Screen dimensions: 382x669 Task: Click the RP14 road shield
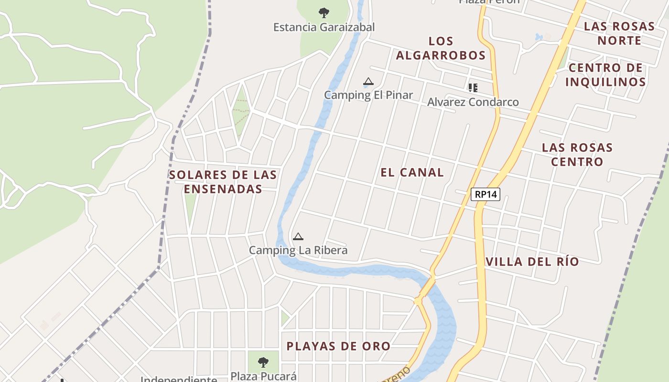pos(485,194)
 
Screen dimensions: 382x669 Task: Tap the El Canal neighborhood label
pos(412,172)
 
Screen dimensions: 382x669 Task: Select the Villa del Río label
pos(532,262)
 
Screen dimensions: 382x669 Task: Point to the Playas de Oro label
pos(338,346)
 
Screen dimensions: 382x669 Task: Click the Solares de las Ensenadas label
pos(223,182)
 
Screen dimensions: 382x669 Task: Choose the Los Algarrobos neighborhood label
pos(441,48)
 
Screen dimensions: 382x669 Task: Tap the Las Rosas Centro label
pos(577,154)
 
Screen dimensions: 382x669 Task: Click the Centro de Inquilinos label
pos(605,74)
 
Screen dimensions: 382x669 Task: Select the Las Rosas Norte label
pos(619,33)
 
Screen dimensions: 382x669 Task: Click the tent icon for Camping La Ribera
pos(298,236)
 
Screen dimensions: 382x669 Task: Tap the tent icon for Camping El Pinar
pos(368,82)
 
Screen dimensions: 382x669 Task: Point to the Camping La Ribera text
pos(298,250)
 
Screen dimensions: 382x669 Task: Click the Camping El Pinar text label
pos(368,95)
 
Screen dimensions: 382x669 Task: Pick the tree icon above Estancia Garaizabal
pos(324,12)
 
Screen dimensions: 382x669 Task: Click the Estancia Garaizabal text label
pos(324,27)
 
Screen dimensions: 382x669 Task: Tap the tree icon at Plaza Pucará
pos(263,362)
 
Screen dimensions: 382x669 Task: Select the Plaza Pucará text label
pos(263,376)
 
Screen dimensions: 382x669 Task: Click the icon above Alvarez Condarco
pos(473,87)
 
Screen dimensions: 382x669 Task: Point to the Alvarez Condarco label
pos(473,102)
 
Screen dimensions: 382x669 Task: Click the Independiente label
pos(179,379)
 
